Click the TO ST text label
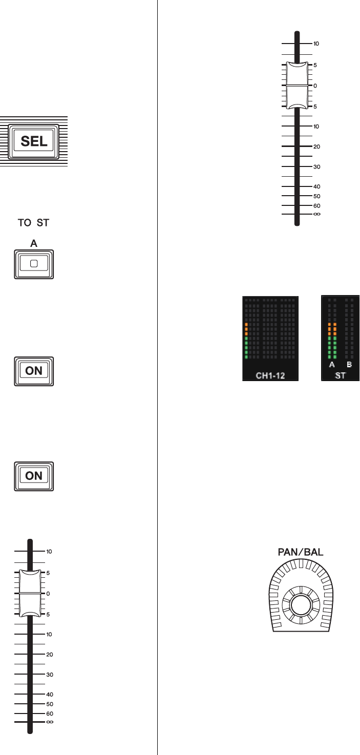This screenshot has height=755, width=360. [x=34, y=224]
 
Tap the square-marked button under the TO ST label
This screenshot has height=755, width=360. [x=34, y=264]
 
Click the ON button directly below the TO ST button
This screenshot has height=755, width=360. [x=34, y=370]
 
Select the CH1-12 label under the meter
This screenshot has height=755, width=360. [x=270, y=376]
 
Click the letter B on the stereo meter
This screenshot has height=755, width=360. [x=349, y=365]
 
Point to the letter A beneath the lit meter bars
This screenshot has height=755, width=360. [x=332, y=365]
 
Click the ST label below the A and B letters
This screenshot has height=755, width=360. [x=340, y=375]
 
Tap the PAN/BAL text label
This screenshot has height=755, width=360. [x=301, y=553]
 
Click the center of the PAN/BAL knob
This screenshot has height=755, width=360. [x=301, y=605]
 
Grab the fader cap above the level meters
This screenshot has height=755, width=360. [x=297, y=86]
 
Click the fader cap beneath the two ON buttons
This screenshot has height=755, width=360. [x=30, y=594]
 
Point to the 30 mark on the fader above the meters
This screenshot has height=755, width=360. [x=316, y=167]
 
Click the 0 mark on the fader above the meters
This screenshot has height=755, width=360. [x=315, y=86]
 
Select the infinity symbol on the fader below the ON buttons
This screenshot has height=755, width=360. [x=50, y=722]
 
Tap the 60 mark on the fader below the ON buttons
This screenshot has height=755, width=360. [x=50, y=714]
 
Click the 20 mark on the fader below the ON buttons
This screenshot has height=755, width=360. [x=50, y=655]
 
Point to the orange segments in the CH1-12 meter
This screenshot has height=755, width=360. [x=246, y=329]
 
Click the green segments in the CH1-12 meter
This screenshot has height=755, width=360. [x=246, y=348]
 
